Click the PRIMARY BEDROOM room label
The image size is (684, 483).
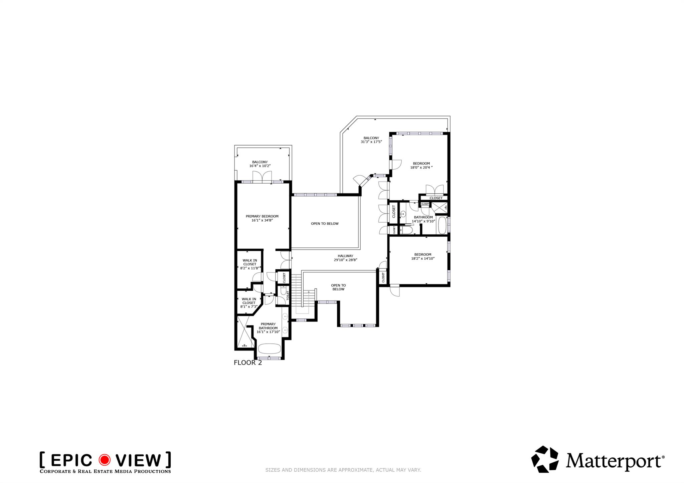tap(262, 216)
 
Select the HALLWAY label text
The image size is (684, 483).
tap(345, 256)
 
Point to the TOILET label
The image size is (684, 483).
tap(288, 296)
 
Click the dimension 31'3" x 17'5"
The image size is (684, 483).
tap(371, 142)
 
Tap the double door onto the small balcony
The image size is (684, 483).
tap(262, 177)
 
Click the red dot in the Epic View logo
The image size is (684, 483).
tap(104, 460)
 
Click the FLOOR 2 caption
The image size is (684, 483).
tap(248, 363)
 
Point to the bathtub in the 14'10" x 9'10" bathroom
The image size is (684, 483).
tap(442, 225)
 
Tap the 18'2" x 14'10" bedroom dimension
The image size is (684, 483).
tap(422, 258)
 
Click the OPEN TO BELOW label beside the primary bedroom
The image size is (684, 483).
tap(325, 224)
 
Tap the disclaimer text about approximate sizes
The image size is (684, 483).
tap(343, 470)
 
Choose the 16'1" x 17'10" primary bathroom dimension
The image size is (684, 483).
tap(268, 332)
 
